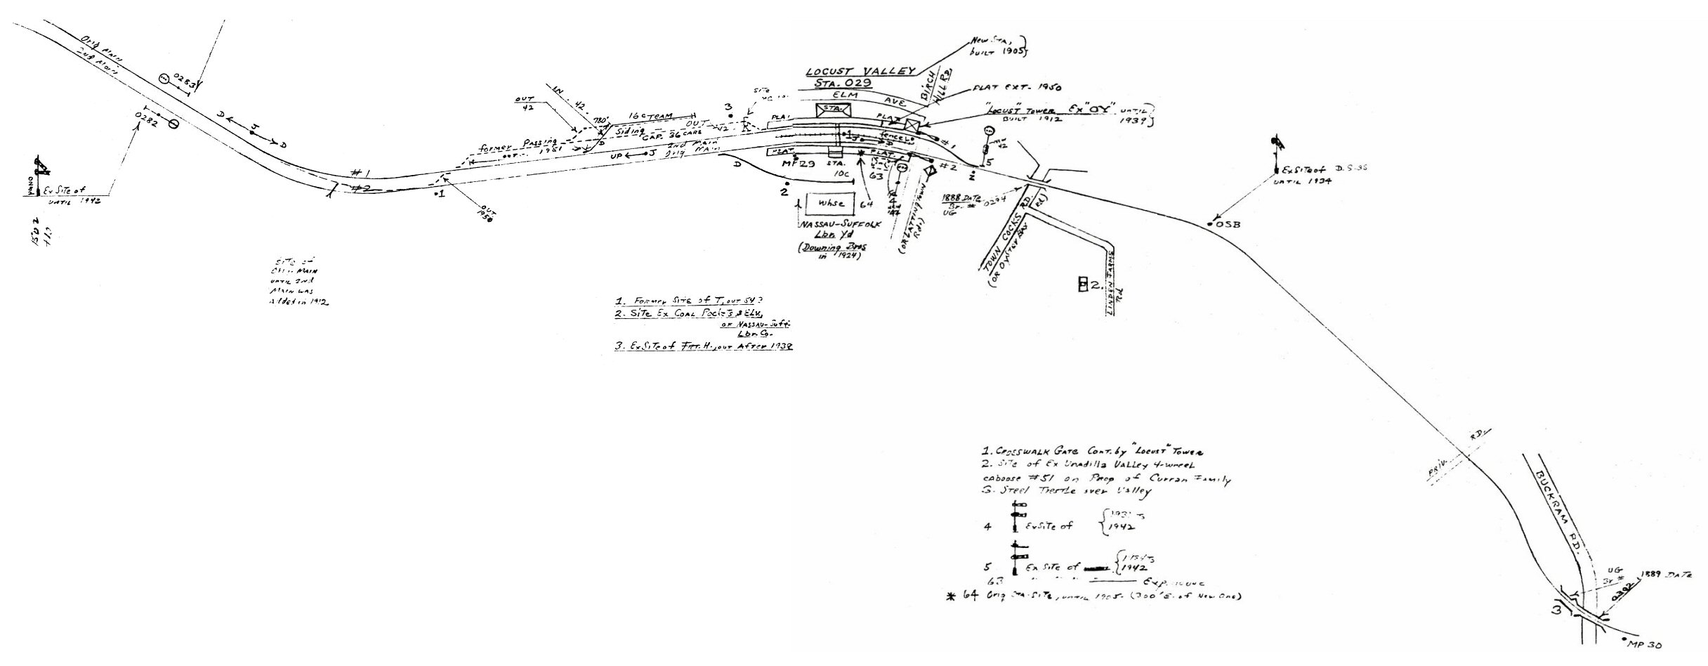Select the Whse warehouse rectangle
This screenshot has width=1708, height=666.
coord(829,204)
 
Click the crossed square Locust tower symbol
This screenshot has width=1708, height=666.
coord(913,126)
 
